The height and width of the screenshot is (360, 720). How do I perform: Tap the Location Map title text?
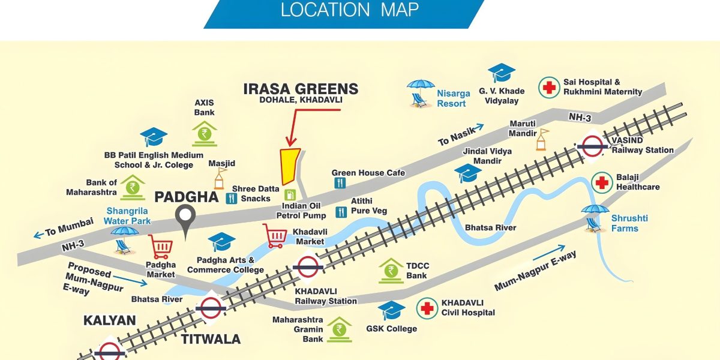pyautogui.click(x=350, y=10)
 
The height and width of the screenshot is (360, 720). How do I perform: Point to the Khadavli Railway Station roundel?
pyautogui.click(x=307, y=267)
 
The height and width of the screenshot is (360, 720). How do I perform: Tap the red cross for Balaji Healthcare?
pyautogui.click(x=602, y=182)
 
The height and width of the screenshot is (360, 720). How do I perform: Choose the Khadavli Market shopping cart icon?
pyautogui.click(x=275, y=235)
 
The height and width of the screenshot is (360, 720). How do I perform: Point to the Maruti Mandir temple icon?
pyautogui.click(x=543, y=139)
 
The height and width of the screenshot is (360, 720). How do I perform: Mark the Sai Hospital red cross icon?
pyautogui.click(x=548, y=87)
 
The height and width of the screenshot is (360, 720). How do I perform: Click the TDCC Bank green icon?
pyautogui.click(x=391, y=271)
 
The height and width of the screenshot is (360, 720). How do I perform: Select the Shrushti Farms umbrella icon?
pyautogui.click(x=595, y=217)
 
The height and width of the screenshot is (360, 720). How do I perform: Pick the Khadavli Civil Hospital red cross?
pyautogui.click(x=427, y=308)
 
